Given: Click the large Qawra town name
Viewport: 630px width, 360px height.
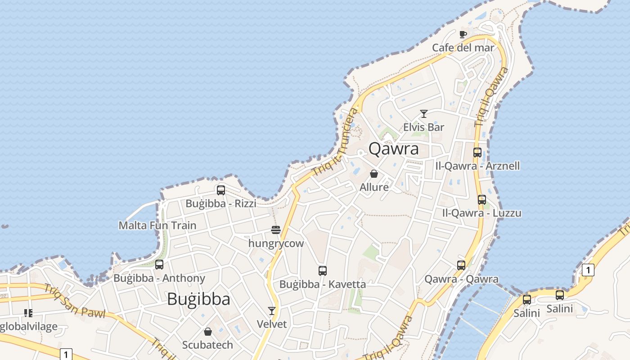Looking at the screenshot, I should pyautogui.click(x=394, y=148).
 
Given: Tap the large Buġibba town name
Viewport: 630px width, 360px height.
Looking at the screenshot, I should pyautogui.click(x=198, y=299).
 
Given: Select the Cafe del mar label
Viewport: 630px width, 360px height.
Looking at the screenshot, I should pyautogui.click(x=463, y=48).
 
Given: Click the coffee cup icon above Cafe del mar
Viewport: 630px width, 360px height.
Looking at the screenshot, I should pyautogui.click(x=463, y=34).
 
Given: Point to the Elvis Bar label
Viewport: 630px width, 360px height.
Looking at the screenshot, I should pyautogui.click(x=423, y=127).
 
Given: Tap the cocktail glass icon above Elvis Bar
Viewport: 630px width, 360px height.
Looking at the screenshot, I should pyautogui.click(x=423, y=114).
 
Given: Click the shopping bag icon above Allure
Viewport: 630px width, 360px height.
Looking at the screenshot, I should pyautogui.click(x=374, y=174).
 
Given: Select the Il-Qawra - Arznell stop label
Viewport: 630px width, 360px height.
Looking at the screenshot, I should pyautogui.click(x=477, y=166).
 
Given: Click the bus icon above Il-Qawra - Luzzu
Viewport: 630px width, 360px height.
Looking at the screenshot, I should pyautogui.click(x=482, y=199).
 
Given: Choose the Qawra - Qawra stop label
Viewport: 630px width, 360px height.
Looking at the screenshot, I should pyautogui.click(x=461, y=279).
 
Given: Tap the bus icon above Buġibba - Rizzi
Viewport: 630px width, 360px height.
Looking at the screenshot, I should pyautogui.click(x=221, y=190).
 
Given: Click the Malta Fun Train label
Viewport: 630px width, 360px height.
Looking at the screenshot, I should pyautogui.click(x=157, y=225).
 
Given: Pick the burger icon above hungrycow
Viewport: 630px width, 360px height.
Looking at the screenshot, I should pyautogui.click(x=276, y=230).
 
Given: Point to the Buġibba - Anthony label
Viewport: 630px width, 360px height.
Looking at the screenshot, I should pyautogui.click(x=159, y=278).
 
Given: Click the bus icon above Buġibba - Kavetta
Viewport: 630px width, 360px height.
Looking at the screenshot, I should pyautogui.click(x=322, y=271).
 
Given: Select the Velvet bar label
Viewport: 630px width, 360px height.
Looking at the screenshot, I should pyautogui.click(x=272, y=324).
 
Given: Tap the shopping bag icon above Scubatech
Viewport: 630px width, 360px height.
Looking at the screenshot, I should pyautogui.click(x=208, y=332).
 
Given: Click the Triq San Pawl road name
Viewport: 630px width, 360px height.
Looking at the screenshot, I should pyautogui.click(x=74, y=301).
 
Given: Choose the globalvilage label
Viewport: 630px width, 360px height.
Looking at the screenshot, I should pyautogui.click(x=29, y=327).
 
